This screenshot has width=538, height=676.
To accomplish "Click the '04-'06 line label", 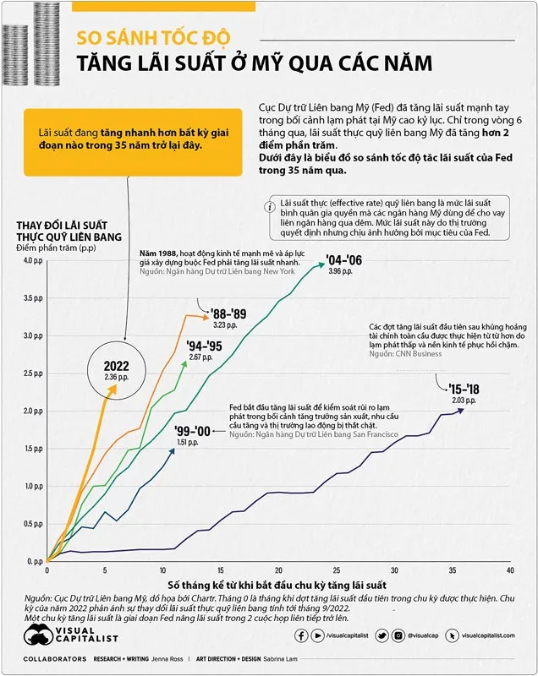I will (343, 260).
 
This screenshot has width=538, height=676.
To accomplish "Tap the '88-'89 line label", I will (228, 313).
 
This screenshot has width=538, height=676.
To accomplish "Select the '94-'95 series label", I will (206, 346).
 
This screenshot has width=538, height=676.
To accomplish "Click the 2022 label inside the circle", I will (118, 366).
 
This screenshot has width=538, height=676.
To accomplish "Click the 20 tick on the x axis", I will (279, 570).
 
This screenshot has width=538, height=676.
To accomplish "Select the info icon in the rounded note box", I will (269, 206).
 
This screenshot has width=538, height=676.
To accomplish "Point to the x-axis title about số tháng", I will (277, 585).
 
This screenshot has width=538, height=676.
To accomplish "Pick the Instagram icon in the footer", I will (397, 635).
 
